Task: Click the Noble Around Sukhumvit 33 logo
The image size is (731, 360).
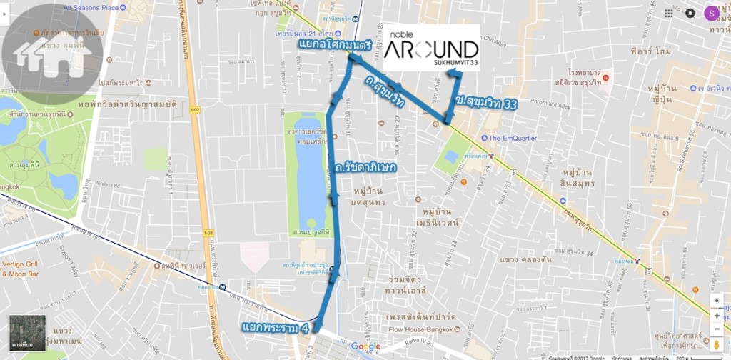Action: pos(431,48)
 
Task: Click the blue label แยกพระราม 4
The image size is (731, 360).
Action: pos(276,329)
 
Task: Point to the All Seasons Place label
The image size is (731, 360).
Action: pos(91,8)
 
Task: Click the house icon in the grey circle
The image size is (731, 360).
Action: pos(52,55)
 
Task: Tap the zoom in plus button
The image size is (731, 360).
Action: pos(717,315)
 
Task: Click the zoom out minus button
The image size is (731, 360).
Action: pos(717,330)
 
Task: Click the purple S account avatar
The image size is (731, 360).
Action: pos(711,13)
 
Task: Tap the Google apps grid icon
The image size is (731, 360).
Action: pos(668,13)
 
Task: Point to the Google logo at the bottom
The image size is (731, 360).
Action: pos(365,347)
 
